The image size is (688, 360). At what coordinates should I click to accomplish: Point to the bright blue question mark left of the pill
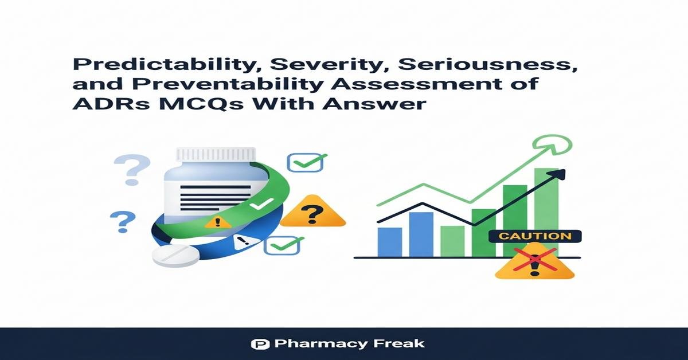123,222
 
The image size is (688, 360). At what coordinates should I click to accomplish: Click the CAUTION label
534,236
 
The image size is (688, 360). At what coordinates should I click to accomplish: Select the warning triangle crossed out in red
535,263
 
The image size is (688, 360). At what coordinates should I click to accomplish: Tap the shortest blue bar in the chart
390,241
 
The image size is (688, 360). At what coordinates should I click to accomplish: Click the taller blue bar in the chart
421,234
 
